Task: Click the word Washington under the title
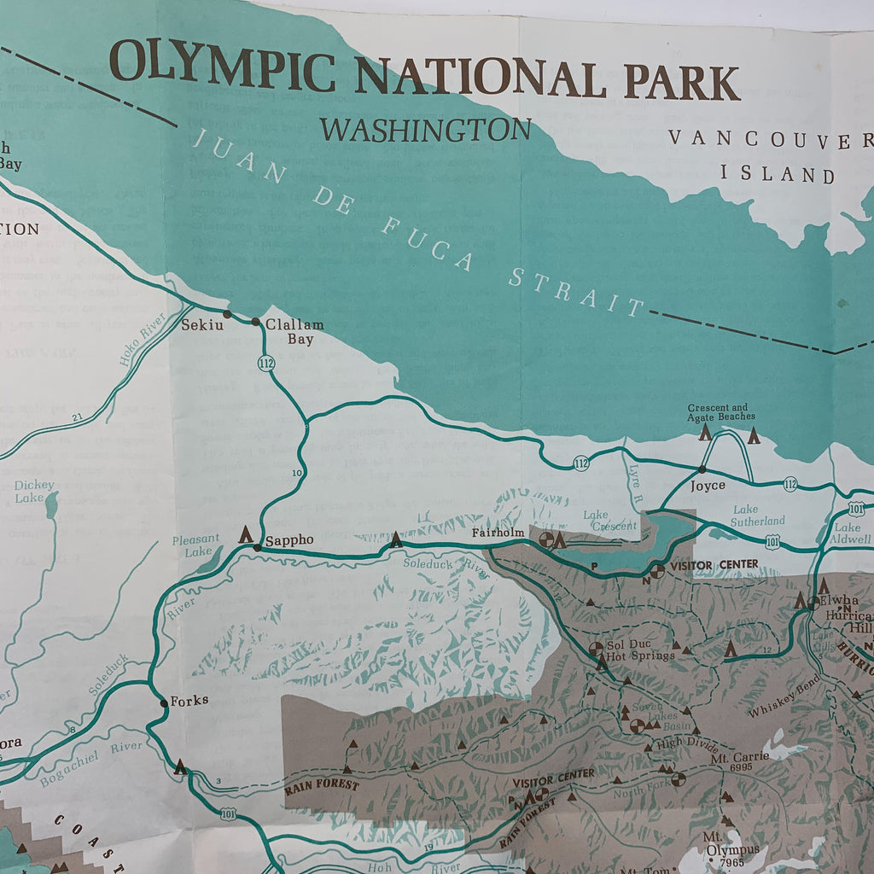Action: [x=425, y=131]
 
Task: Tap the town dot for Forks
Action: [x=164, y=703]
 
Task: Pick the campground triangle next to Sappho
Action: [x=246, y=535]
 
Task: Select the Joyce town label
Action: [x=708, y=486]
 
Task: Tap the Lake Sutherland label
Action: [x=757, y=516]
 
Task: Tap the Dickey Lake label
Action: [x=34, y=492]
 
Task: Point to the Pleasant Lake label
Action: [x=195, y=546]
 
